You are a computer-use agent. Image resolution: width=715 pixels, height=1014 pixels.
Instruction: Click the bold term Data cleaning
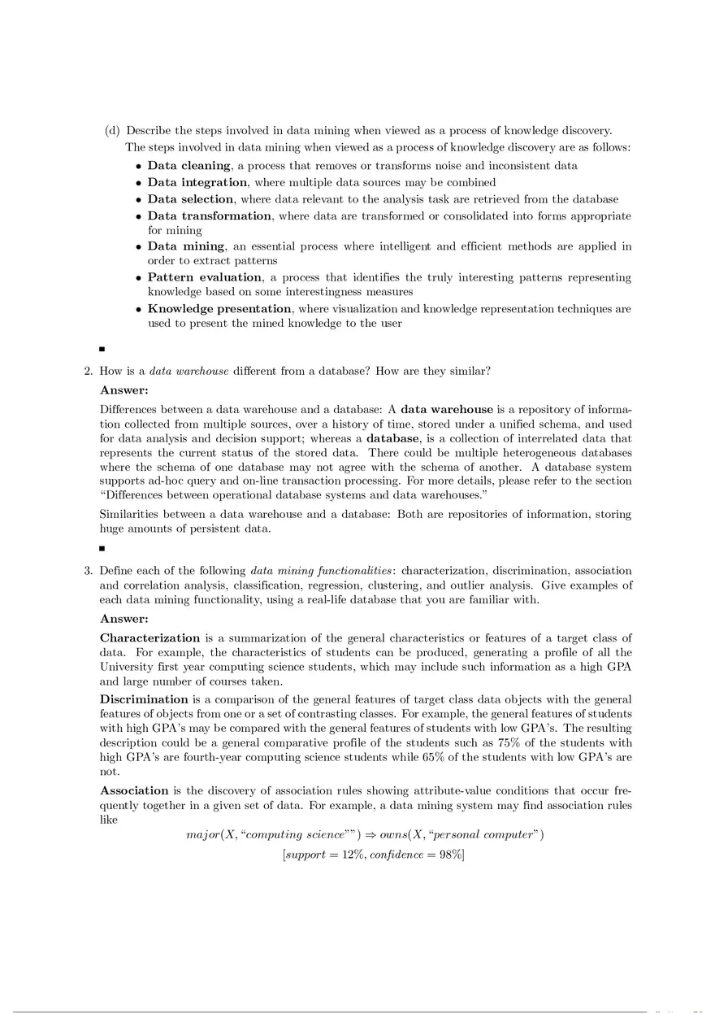click(188, 166)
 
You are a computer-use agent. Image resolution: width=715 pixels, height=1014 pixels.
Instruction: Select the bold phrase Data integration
click(197, 182)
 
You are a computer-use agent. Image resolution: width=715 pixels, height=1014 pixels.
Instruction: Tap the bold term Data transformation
click(209, 215)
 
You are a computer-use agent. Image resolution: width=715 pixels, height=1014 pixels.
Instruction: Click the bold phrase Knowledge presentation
click(219, 309)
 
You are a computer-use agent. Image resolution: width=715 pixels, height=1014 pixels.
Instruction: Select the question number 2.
click(89, 372)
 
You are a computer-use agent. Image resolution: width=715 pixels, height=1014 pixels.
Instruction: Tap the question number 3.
click(89, 571)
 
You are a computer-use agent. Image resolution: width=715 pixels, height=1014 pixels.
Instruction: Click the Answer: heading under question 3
click(123, 619)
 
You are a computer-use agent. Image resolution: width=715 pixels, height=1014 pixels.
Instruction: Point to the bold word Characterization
click(149, 638)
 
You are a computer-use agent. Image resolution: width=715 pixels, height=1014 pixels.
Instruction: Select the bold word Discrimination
click(144, 699)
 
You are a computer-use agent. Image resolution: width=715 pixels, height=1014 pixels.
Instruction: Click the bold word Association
click(134, 790)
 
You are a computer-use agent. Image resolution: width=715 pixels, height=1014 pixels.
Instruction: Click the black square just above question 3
click(102, 549)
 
